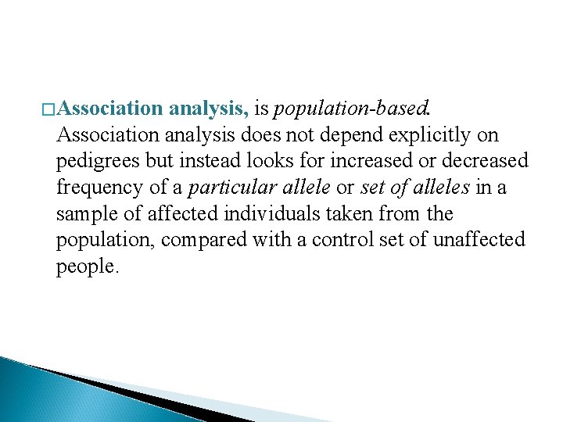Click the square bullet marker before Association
coord(48,109)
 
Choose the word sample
coord(82,213)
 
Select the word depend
coord(359,135)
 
